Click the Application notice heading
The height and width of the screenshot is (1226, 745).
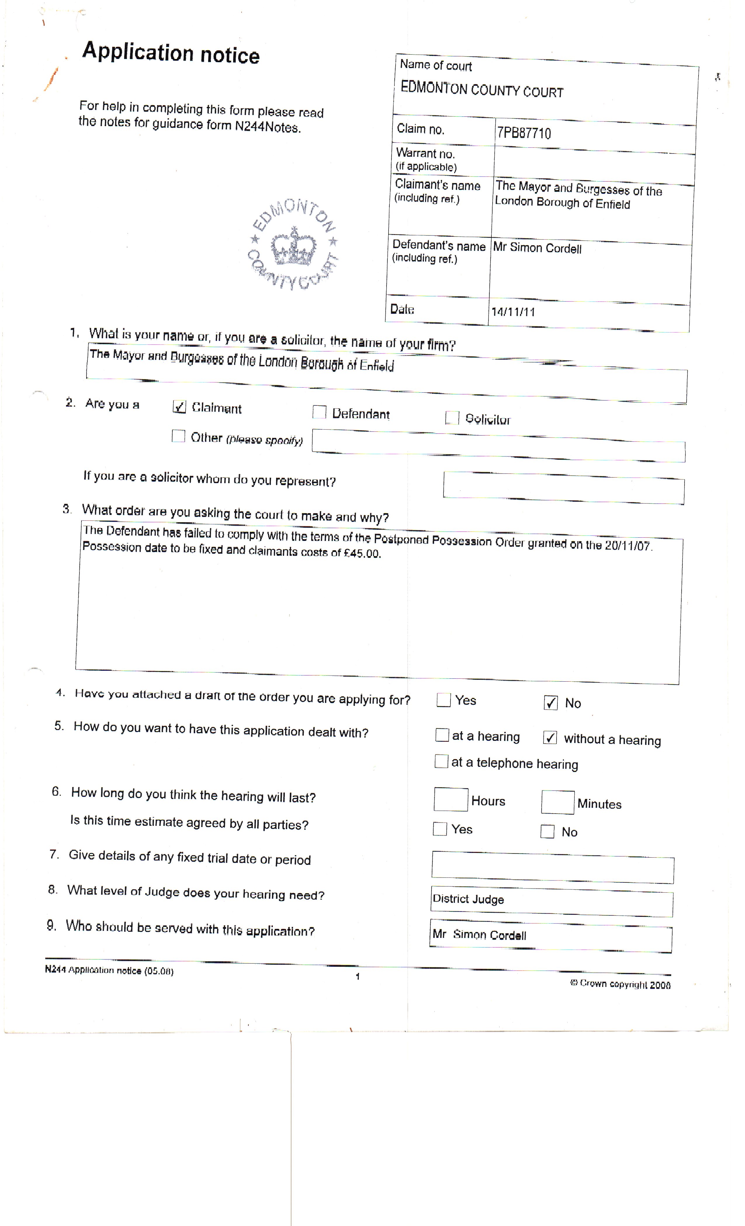coord(171,53)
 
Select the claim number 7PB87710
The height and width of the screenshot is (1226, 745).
coord(524,133)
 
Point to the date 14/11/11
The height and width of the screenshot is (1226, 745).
coord(513,312)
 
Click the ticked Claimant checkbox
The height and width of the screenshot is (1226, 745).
coord(179,407)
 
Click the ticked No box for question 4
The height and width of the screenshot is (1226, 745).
coord(550,703)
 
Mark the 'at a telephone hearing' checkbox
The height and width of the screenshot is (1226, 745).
coord(441,761)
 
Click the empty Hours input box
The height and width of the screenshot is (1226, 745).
coord(451,800)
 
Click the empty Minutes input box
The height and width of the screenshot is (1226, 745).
coord(558,802)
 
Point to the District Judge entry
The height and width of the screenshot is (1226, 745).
coord(468,899)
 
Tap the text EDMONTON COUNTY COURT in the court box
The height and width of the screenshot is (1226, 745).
coord(481,90)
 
